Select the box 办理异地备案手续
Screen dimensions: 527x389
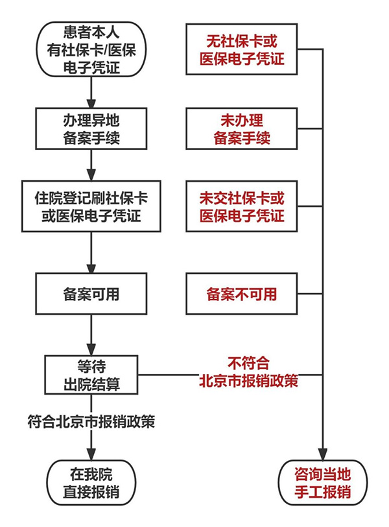(91, 128)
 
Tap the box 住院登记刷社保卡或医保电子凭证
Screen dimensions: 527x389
(91, 206)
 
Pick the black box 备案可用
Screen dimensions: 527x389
(91, 294)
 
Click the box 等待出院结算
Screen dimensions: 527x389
(91, 374)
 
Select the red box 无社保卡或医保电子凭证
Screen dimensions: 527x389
(242, 50)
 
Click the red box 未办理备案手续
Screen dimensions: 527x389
(242, 129)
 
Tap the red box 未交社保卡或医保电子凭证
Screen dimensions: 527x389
(242, 206)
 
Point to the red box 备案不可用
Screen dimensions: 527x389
(242, 294)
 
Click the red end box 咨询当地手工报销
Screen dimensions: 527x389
(322, 482)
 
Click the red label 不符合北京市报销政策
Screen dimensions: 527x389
(248, 371)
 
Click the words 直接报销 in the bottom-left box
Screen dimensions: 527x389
(91, 491)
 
